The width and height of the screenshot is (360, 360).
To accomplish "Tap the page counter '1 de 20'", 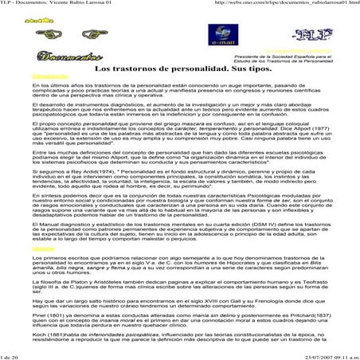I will (x=12, y=355).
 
